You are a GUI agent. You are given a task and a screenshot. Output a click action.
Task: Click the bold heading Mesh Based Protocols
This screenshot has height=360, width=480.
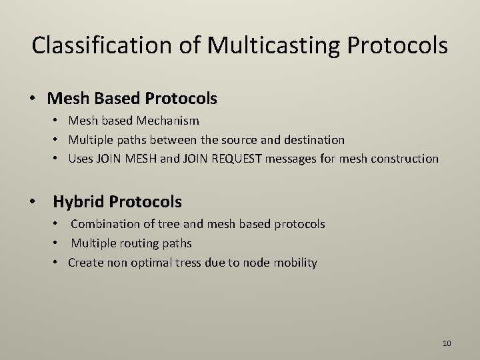pyautogui.click(x=132, y=99)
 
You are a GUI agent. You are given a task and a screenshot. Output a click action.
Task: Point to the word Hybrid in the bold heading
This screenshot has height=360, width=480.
pyautogui.click(x=79, y=201)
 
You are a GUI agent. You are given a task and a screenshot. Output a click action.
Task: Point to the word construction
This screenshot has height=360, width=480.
pyautogui.click(x=406, y=159)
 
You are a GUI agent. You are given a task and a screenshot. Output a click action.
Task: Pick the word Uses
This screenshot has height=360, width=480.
pyautogui.click(x=81, y=159)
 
